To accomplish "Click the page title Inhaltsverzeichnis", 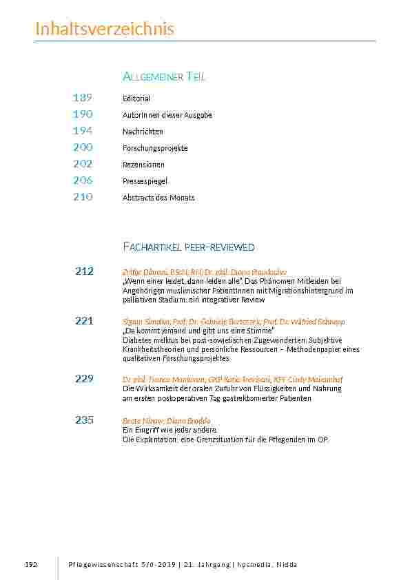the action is pyautogui.click(x=104, y=29).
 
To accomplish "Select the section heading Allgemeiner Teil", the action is pyautogui.click(x=163, y=76).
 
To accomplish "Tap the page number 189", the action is pyautogui.click(x=83, y=98).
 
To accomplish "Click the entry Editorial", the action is pyautogui.click(x=136, y=99).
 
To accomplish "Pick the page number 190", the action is pyautogui.click(x=83, y=114).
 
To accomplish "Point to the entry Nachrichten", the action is pyautogui.click(x=143, y=132).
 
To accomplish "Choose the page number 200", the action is pyautogui.click(x=83, y=147).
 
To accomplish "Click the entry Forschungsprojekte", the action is pyautogui.click(x=155, y=148).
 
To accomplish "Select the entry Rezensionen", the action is pyautogui.click(x=143, y=165).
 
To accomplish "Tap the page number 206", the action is pyautogui.click(x=83, y=180).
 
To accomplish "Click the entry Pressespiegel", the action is pyautogui.click(x=145, y=181).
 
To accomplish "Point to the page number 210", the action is pyautogui.click(x=83, y=197).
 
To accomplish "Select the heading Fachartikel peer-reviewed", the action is pyautogui.click(x=188, y=247).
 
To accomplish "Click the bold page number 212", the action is pyautogui.click(x=84, y=271).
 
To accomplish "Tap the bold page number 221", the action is pyautogui.click(x=84, y=321).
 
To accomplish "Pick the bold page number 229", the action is pyautogui.click(x=84, y=379).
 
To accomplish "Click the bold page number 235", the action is pyautogui.click(x=84, y=420).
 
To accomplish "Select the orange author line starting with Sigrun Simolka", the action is pyautogui.click(x=234, y=322).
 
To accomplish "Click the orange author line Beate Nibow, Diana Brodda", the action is pyautogui.click(x=166, y=421).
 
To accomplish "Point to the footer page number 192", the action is pyautogui.click(x=30, y=564).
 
